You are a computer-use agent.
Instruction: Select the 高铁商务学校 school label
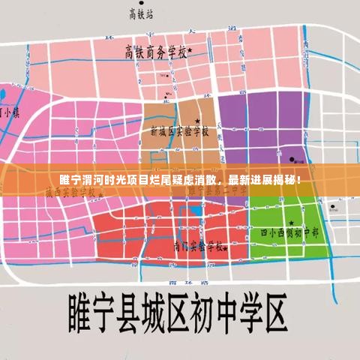[x=155, y=52]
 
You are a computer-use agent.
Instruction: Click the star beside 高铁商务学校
[x=190, y=50]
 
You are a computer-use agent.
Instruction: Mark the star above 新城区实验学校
[x=197, y=120]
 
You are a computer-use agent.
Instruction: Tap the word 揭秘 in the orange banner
[x=286, y=181]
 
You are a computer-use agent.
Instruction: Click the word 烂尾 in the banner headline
[x=160, y=181]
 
